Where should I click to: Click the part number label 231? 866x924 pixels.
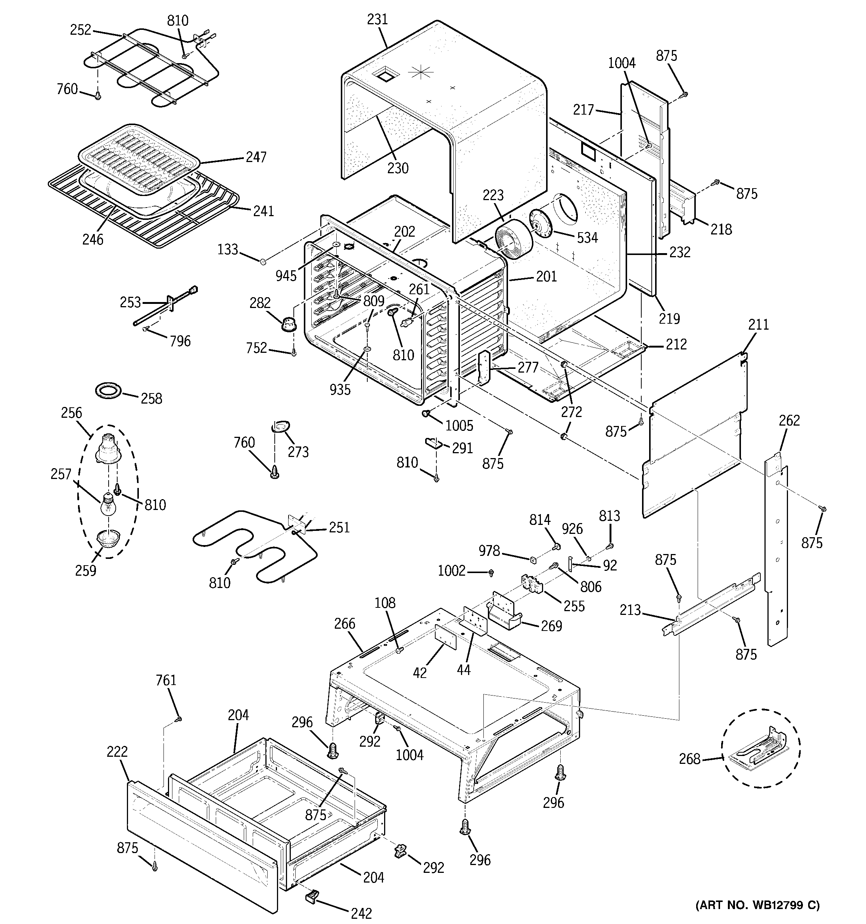[377, 19]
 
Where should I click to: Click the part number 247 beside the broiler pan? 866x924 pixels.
[256, 157]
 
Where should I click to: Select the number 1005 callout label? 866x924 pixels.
[459, 425]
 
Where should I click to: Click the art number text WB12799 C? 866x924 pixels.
[757, 905]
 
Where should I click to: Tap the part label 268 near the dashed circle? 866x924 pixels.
[689, 759]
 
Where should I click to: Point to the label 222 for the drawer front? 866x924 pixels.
[117, 752]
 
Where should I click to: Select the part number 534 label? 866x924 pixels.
[587, 237]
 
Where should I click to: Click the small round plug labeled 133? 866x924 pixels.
[264, 262]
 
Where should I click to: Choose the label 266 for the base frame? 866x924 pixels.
[345, 624]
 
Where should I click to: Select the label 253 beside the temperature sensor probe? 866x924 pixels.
[130, 302]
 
